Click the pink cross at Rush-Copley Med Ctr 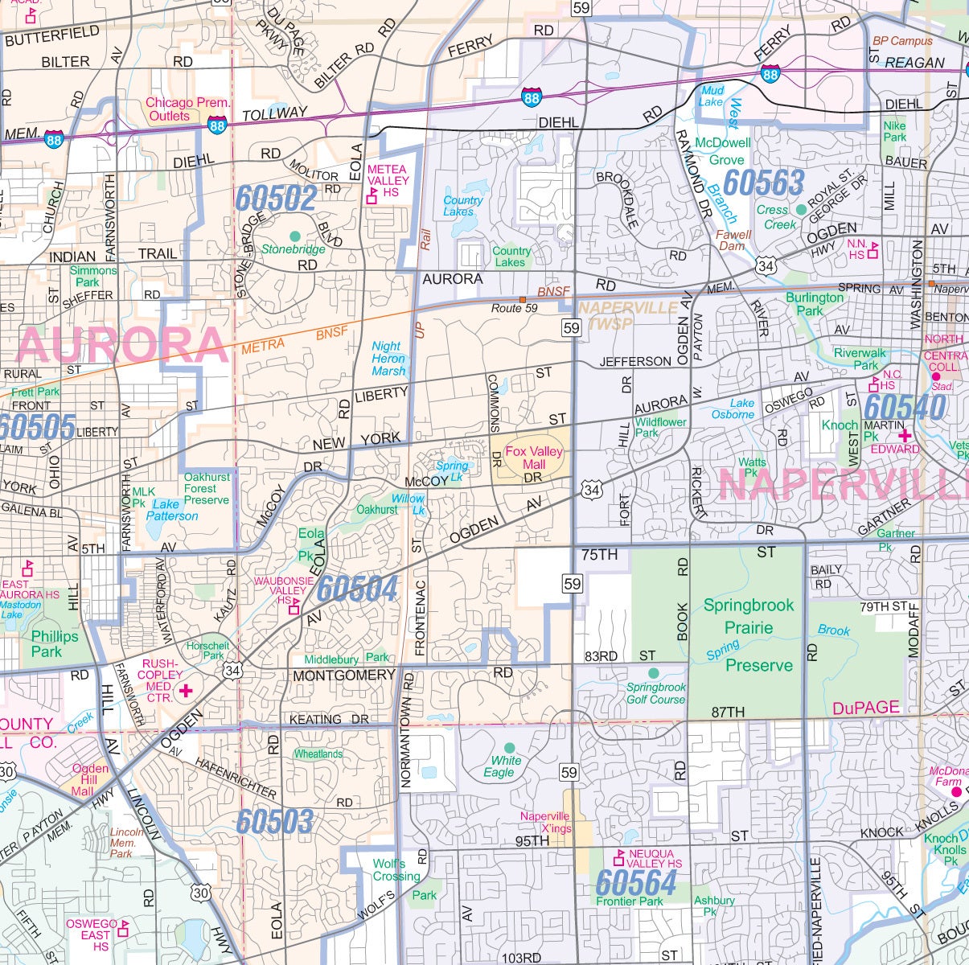pyautogui.click(x=187, y=690)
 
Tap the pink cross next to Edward pyautogui.click(x=904, y=435)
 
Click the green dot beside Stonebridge pyautogui.click(x=294, y=236)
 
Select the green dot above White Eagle pyautogui.click(x=508, y=747)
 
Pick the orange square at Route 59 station pyautogui.click(x=522, y=299)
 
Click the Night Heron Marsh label pyautogui.click(x=389, y=359)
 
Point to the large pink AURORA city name pyautogui.click(x=122, y=346)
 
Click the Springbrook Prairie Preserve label pyautogui.click(x=749, y=634)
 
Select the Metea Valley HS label pyautogui.click(x=388, y=181)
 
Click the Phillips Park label pyautogui.click(x=55, y=643)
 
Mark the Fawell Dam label pyautogui.click(x=733, y=240)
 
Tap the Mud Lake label pyautogui.click(x=712, y=96)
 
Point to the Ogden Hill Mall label pyautogui.click(x=90, y=779)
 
